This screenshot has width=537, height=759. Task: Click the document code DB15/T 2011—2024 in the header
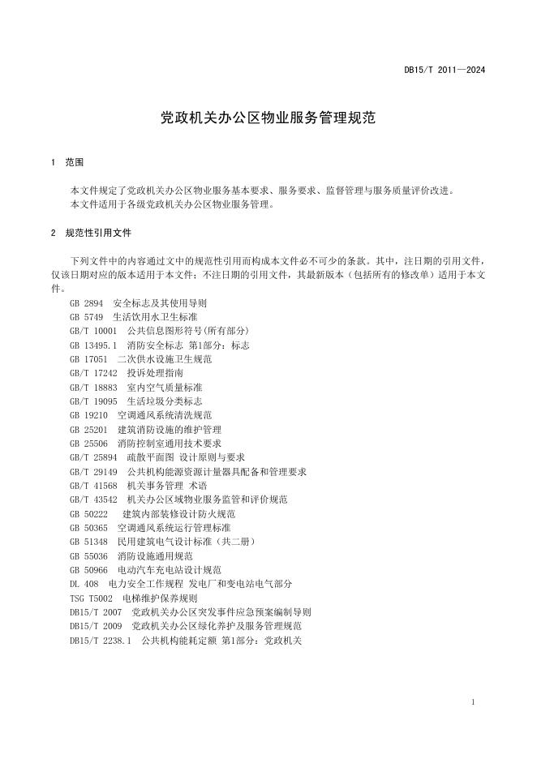[x=445, y=71]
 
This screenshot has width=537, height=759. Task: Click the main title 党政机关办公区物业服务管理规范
[x=268, y=118]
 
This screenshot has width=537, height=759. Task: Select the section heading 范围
[x=74, y=162]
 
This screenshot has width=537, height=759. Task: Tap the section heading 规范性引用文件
[x=98, y=233]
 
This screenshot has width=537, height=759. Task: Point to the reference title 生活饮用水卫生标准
[x=155, y=316]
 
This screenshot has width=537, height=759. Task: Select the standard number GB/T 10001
[x=94, y=330]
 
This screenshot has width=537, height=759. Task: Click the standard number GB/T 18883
[x=94, y=387]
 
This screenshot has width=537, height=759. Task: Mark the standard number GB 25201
[x=89, y=429]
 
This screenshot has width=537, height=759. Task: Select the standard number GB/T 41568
[x=94, y=485]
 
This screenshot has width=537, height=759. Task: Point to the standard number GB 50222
[x=89, y=513]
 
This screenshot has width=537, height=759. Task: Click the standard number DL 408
[x=84, y=584]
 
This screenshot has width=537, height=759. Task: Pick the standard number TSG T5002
[x=92, y=598]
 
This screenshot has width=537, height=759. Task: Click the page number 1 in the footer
[x=472, y=701]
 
